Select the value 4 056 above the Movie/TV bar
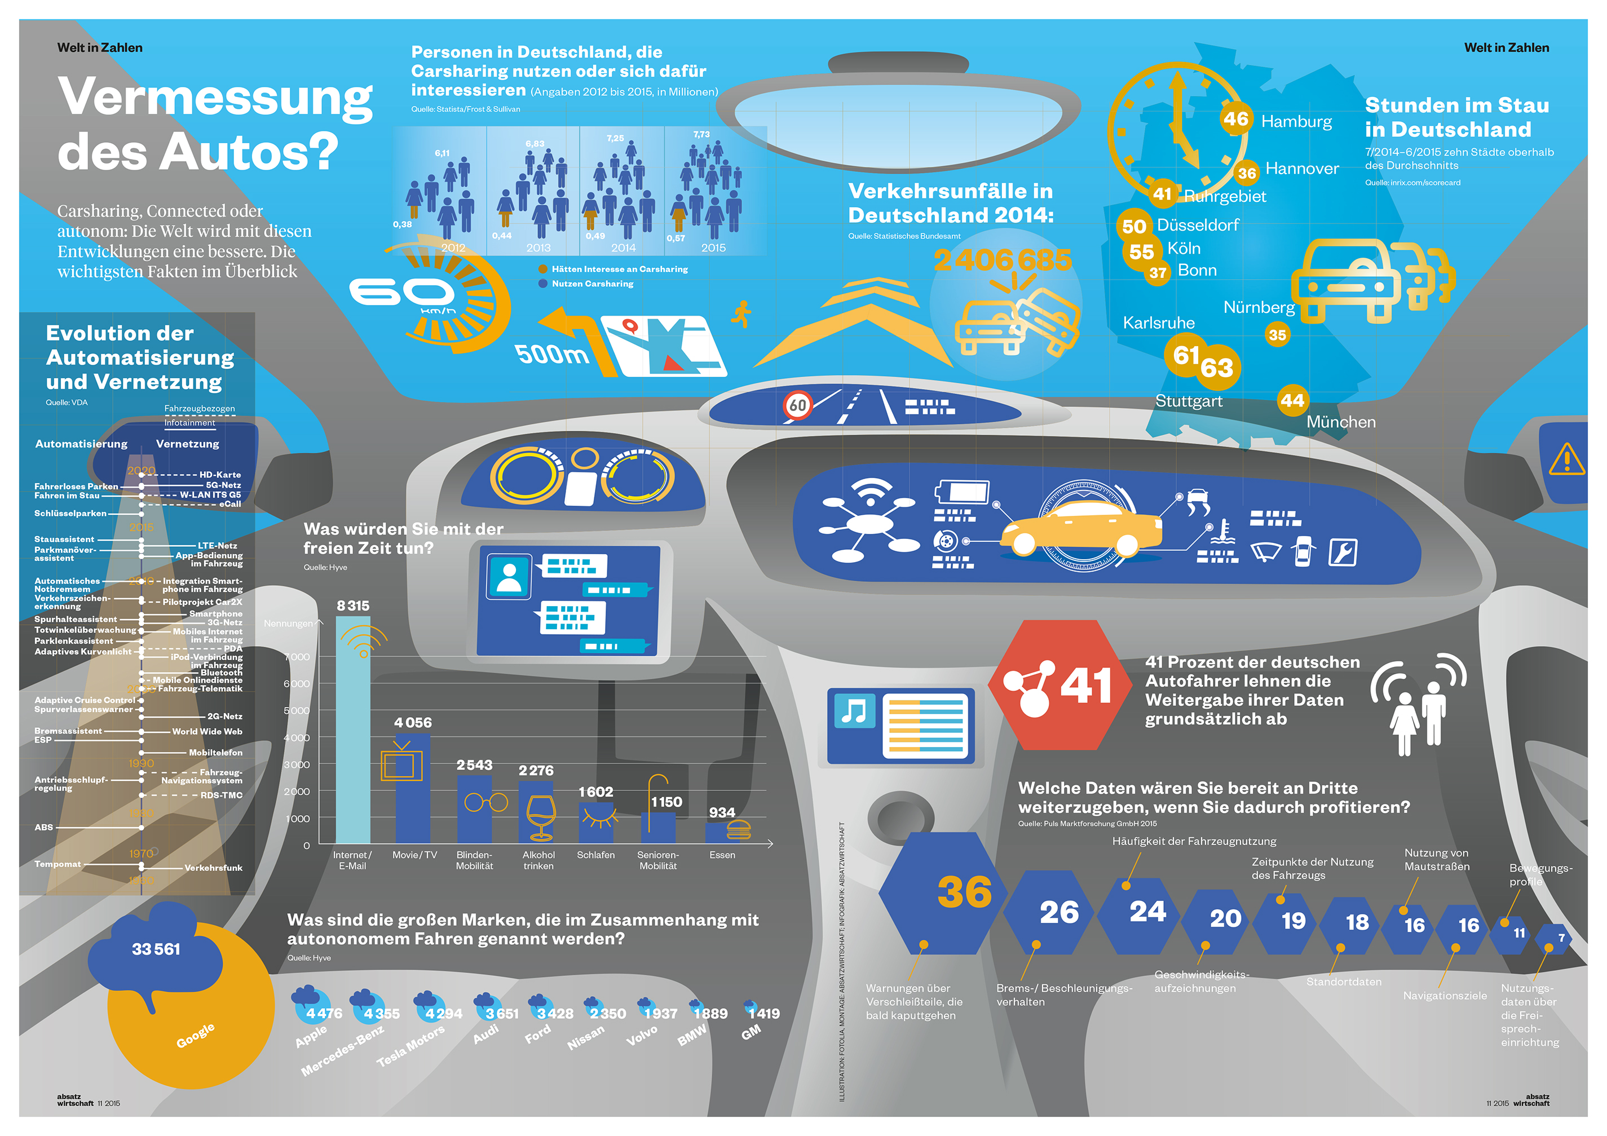coord(412,722)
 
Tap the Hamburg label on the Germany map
coord(1296,122)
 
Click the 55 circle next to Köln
coord(1141,251)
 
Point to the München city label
coord(1340,422)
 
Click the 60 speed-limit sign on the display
coord(797,405)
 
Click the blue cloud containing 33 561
coord(156,948)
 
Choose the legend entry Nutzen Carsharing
coord(591,284)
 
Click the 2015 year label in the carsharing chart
coord(713,248)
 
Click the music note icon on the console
coord(853,711)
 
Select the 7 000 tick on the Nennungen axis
coord(297,657)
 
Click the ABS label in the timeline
coord(43,827)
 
